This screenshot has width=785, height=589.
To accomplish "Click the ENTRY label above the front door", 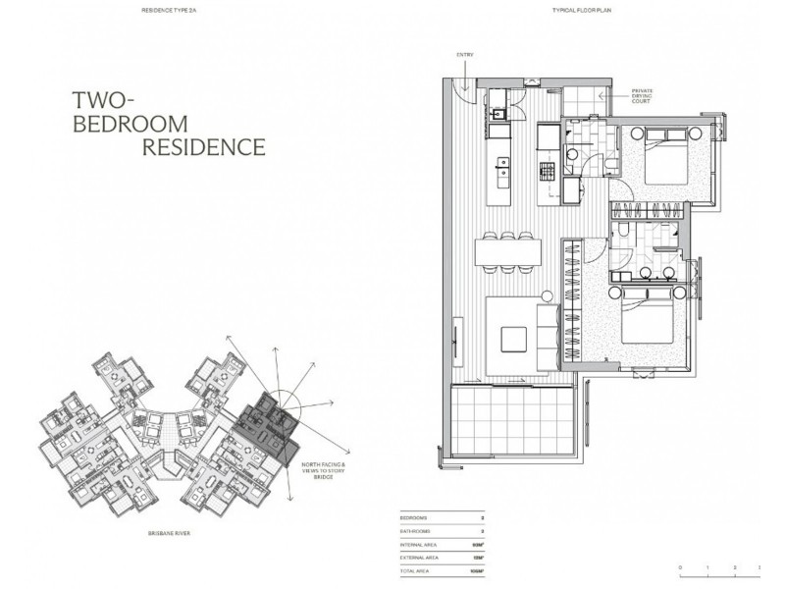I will pos(464,55).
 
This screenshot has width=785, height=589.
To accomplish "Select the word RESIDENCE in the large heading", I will pos(204,148).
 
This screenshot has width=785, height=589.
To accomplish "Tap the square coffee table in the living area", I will pos(515,338).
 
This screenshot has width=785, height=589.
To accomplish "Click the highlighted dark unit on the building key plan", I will pos(266,423).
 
